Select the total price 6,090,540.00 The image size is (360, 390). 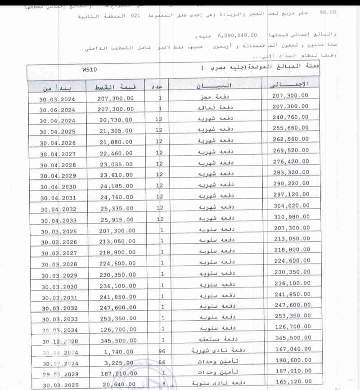[x=237, y=35]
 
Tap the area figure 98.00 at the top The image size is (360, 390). [x=327, y=12]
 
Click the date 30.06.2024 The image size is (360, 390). [x=57, y=109]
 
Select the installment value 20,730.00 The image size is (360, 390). [x=116, y=120]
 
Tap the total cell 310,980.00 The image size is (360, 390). [x=291, y=217]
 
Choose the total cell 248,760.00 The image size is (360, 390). [x=291, y=117]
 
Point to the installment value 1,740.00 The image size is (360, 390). [x=119, y=352]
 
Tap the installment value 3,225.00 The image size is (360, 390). [x=119, y=363]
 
